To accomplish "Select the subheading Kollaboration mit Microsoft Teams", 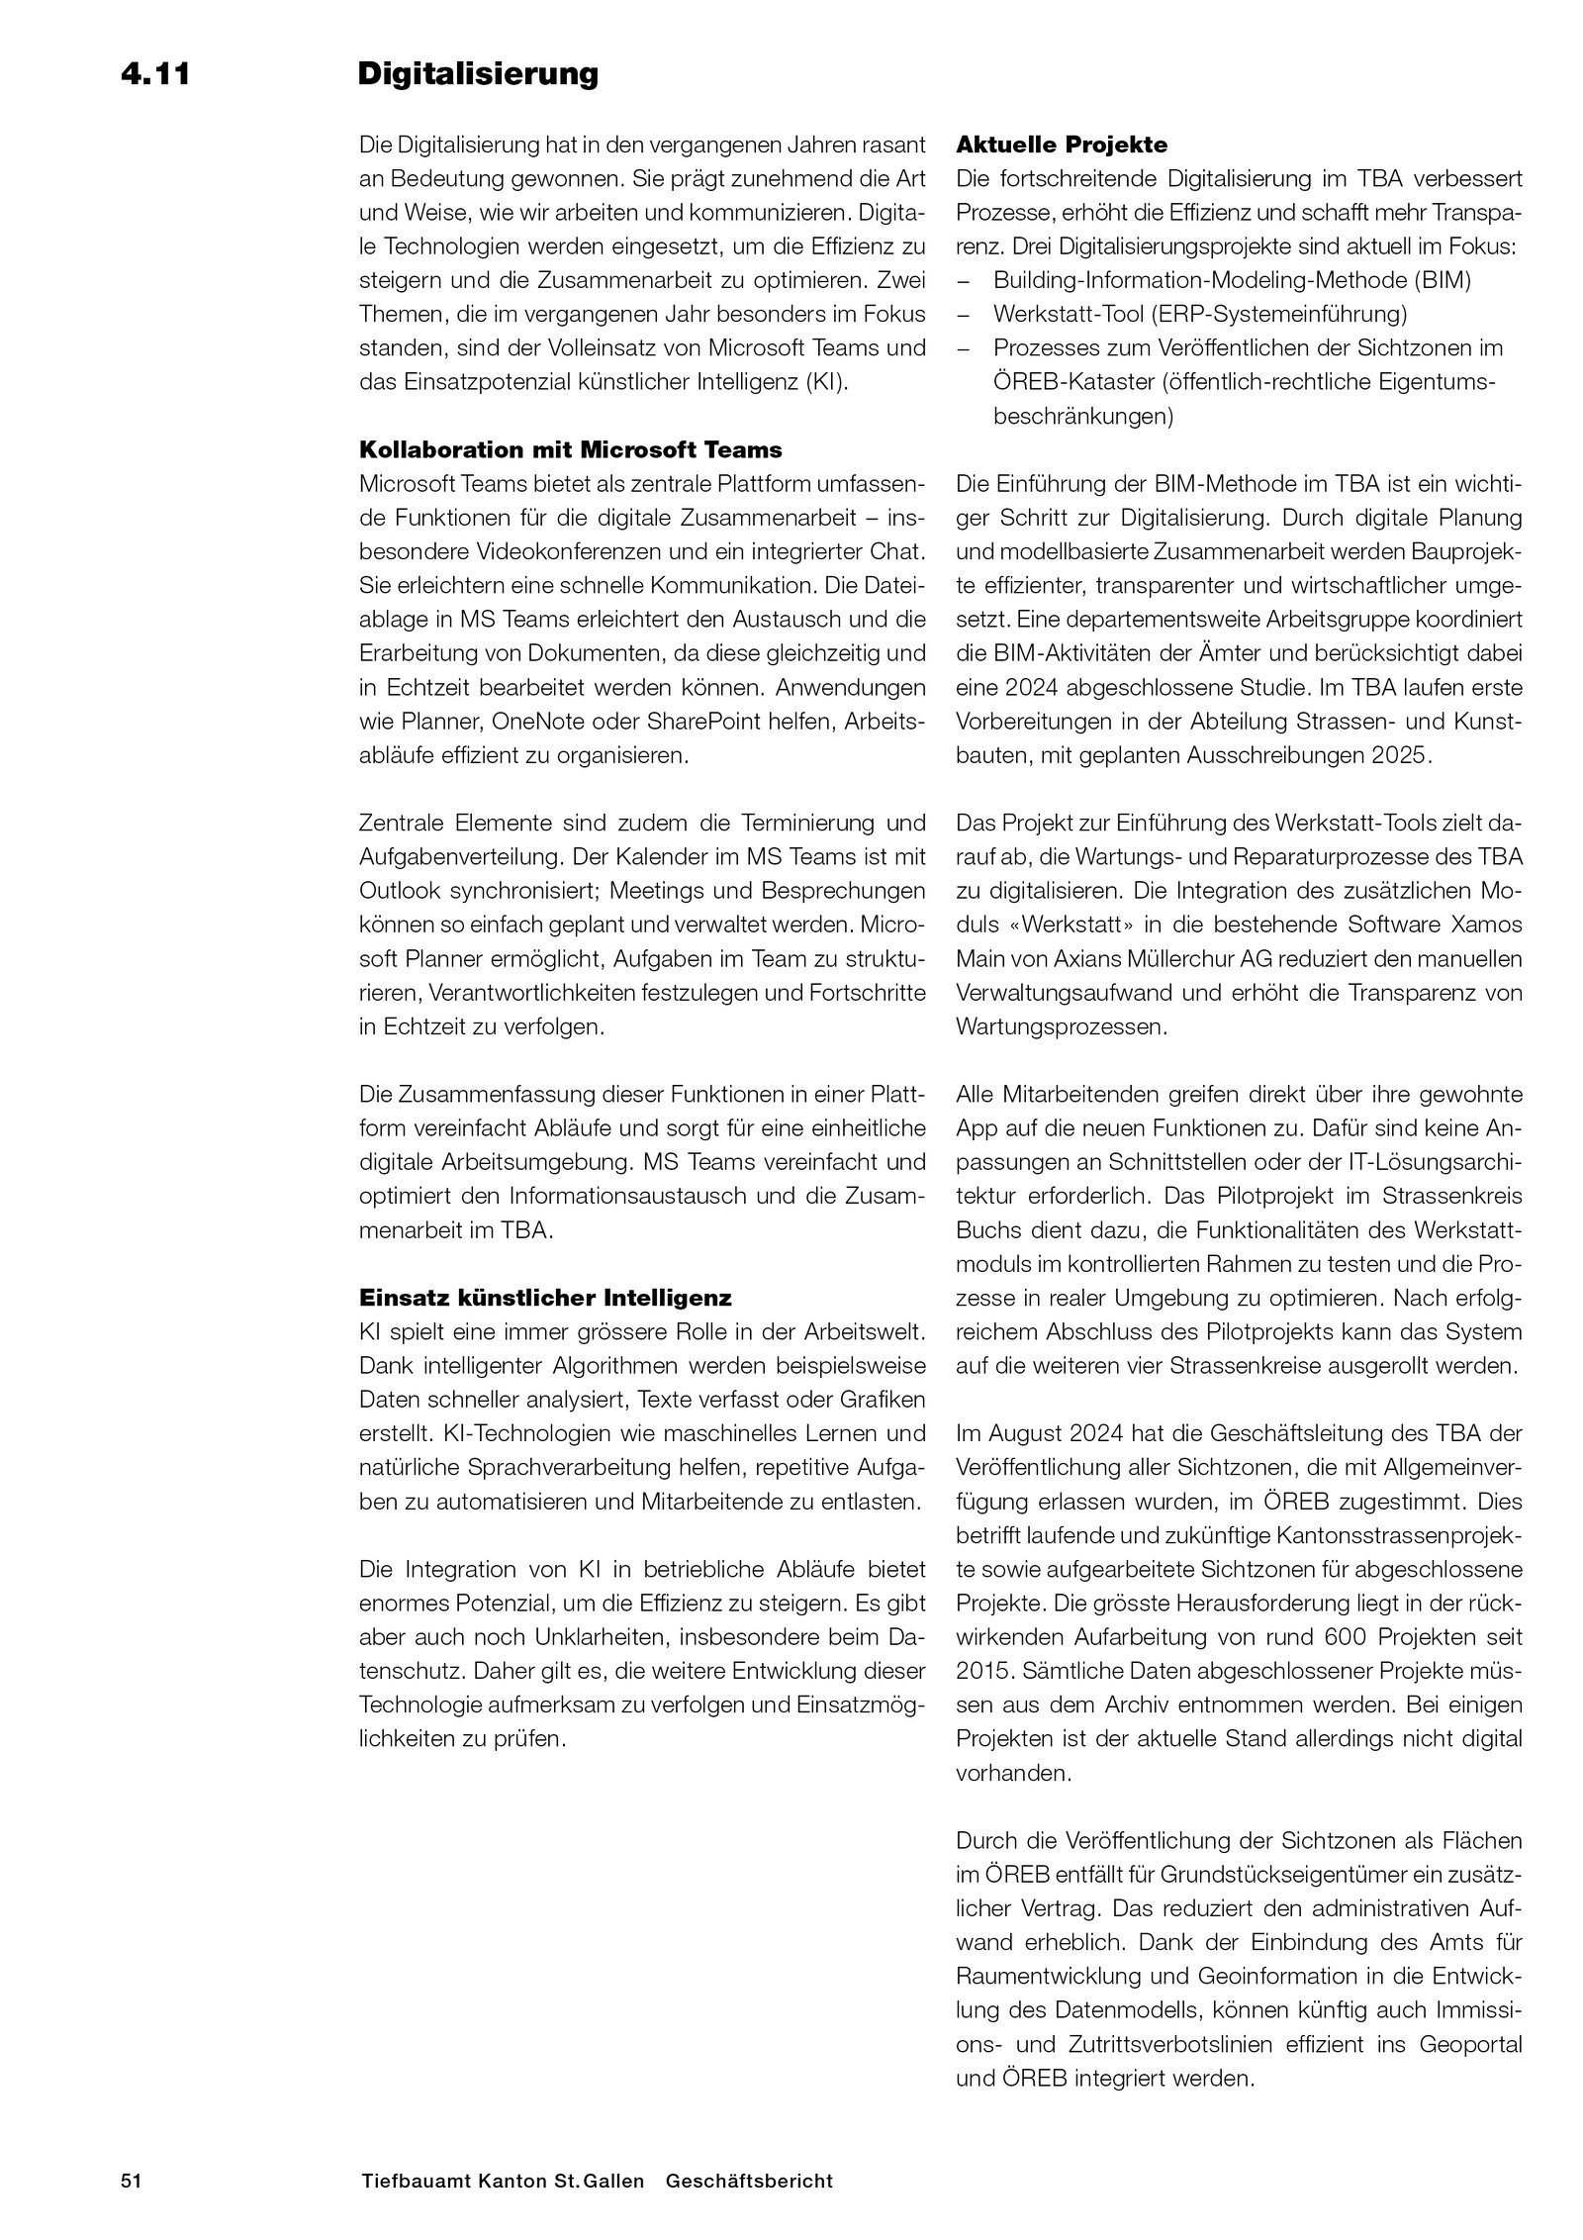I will (570, 450).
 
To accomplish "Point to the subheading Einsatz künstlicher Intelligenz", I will (545, 1297).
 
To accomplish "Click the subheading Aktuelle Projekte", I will (1062, 146).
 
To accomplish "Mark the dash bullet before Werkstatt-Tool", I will (965, 315).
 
